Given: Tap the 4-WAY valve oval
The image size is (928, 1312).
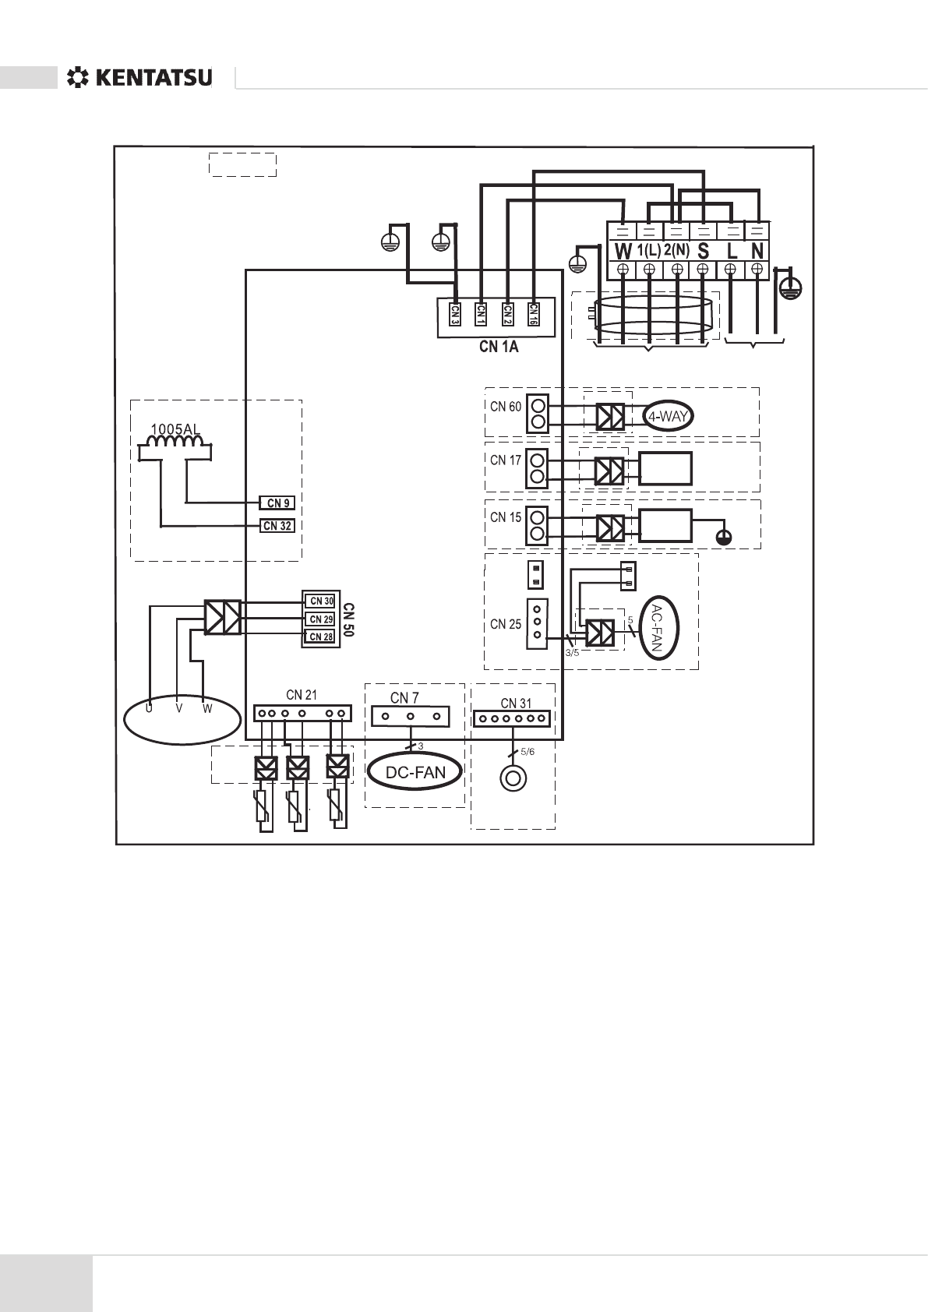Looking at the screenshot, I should tap(668, 416).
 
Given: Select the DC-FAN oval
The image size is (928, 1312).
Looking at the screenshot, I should tap(416, 772).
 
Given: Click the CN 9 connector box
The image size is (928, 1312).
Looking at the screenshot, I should tap(277, 503).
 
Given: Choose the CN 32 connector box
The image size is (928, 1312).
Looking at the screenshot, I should tap(277, 526).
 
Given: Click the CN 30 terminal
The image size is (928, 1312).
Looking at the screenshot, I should tap(321, 601).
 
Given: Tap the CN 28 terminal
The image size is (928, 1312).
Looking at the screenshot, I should tap(321, 637).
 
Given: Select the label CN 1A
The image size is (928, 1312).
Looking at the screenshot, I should tap(499, 347).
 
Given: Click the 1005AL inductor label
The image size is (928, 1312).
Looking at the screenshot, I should tap(175, 429).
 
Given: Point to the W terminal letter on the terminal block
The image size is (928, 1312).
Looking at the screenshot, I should tap(623, 252).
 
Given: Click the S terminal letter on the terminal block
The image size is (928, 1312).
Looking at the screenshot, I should tap(703, 252).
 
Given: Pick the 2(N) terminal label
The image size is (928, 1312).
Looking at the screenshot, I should tap(677, 251).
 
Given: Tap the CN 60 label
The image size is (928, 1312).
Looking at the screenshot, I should tap(506, 407).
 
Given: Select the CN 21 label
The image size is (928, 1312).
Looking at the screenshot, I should tap(302, 695).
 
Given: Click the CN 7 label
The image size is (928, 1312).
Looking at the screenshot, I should tap(404, 697).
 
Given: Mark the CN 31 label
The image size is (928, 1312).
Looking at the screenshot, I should tap(516, 704).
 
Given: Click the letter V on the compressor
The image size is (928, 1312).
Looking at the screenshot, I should tap(178, 709).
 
